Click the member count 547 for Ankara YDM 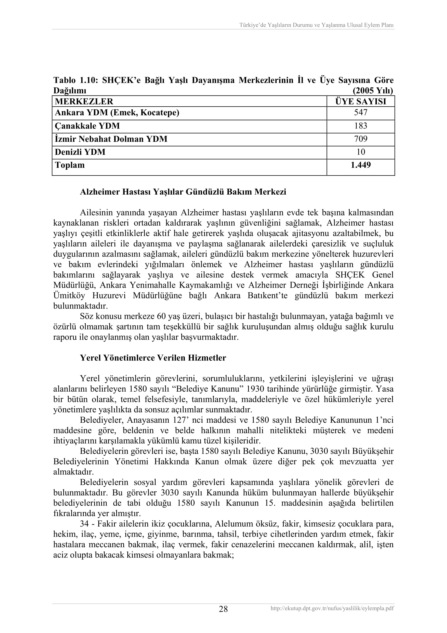coord(361,113)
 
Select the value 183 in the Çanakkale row coord(361,126)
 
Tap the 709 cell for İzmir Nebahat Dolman coord(361,139)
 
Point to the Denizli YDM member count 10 coord(361,152)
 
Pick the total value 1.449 coord(361,165)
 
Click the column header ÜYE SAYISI coord(361,101)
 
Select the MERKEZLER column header coord(84,101)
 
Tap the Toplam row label coord(70,165)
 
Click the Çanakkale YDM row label coord(87,126)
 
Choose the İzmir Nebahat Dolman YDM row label coord(111,139)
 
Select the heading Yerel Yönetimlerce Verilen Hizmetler coord(153,358)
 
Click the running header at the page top coord(316,25)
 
